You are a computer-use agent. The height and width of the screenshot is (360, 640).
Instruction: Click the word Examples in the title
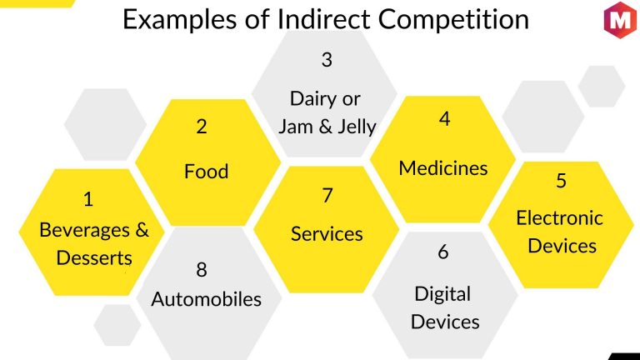[x=180, y=19]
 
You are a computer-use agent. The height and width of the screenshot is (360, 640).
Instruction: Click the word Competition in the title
[x=453, y=19]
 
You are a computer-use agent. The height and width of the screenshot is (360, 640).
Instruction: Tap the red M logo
[x=620, y=20]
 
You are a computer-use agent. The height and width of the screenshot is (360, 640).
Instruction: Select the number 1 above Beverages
[x=88, y=200]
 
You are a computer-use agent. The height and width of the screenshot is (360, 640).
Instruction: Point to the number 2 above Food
[x=201, y=127]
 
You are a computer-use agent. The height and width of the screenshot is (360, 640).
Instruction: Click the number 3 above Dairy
[x=327, y=60]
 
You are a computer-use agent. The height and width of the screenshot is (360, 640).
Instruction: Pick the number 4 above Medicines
[x=444, y=119]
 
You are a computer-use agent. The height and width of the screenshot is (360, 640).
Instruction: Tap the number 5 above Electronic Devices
[x=561, y=180]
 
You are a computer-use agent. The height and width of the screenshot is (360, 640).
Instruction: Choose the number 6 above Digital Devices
[x=443, y=252]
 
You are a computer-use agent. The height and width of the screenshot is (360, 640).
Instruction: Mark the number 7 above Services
[x=327, y=196]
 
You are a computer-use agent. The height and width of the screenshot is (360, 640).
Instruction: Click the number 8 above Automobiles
[x=202, y=270]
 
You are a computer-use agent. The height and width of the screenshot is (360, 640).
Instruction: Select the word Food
[x=206, y=172]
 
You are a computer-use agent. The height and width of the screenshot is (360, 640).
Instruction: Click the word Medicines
[x=443, y=168]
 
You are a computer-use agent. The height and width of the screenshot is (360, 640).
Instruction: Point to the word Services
[x=327, y=234]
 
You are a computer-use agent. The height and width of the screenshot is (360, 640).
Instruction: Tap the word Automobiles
[x=206, y=299]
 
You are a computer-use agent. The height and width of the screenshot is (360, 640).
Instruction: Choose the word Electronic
[x=560, y=218]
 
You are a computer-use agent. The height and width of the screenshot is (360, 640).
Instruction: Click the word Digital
[x=442, y=294]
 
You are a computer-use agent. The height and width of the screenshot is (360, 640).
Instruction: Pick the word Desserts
[x=94, y=258]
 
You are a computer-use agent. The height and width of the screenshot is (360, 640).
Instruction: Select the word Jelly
[x=357, y=127]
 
